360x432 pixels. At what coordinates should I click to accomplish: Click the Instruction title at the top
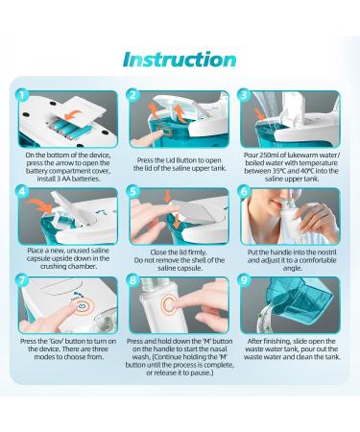pyautogui.click(x=180, y=59)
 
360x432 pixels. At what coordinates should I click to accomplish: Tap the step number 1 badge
pyautogui.click(x=20, y=96)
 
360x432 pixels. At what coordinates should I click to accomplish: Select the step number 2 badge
pyautogui.click(x=133, y=96)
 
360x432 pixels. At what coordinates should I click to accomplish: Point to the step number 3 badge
pyautogui.click(x=246, y=96)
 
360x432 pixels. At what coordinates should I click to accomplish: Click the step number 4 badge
pyautogui.click(x=20, y=192)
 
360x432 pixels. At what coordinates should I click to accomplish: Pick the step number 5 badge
pyautogui.click(x=133, y=192)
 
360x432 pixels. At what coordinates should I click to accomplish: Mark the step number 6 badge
pyautogui.click(x=246, y=192)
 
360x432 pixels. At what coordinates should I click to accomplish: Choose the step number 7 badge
pyautogui.click(x=20, y=286)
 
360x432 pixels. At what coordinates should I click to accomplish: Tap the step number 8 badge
pyautogui.click(x=133, y=286)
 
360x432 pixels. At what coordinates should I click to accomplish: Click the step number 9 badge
pyautogui.click(x=246, y=286)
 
